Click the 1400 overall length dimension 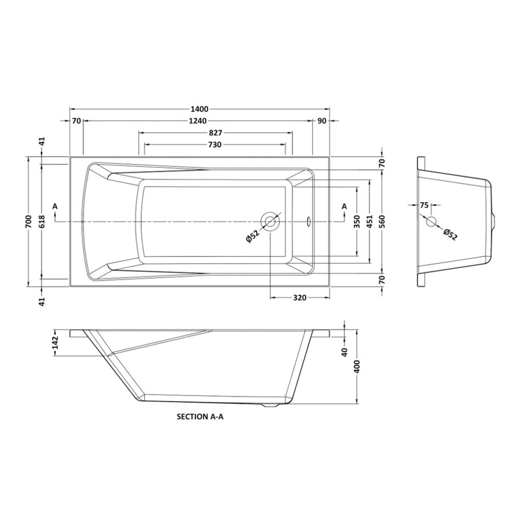[x=199, y=109]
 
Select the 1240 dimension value [x=197, y=121]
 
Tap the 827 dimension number [x=216, y=133]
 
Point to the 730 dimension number [x=215, y=145]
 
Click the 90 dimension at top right [x=322, y=121]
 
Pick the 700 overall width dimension [x=28, y=221]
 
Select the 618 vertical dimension [x=41, y=221]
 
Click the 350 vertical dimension [x=357, y=221]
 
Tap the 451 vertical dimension [x=369, y=221]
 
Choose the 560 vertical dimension [x=382, y=221]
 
